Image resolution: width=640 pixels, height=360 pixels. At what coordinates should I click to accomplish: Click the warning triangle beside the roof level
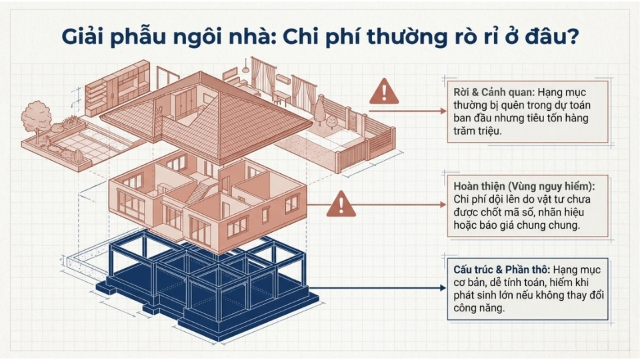384,91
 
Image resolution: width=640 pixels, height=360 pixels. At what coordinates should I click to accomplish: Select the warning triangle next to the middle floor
340,203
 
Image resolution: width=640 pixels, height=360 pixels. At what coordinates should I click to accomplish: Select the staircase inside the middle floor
198,193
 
